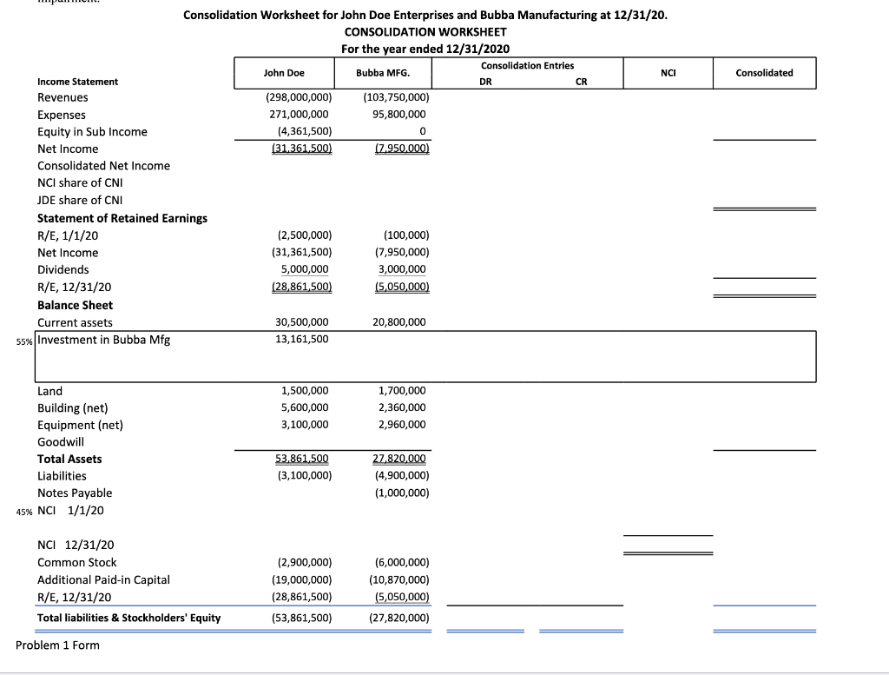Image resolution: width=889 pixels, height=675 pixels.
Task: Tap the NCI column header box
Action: click(x=668, y=73)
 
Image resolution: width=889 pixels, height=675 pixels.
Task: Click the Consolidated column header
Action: click(x=764, y=73)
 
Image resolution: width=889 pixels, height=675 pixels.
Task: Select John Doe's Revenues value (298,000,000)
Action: click(x=298, y=98)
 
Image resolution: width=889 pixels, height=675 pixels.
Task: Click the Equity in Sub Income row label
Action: click(x=92, y=132)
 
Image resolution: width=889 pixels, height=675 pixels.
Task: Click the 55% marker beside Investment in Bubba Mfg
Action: click(x=24, y=341)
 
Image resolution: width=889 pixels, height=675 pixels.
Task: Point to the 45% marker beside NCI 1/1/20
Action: click(x=25, y=511)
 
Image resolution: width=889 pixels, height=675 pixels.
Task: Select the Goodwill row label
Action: click(x=61, y=442)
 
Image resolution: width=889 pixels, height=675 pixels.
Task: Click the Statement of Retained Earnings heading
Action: click(x=122, y=218)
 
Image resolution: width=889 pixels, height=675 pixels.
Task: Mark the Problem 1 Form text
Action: click(x=58, y=645)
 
